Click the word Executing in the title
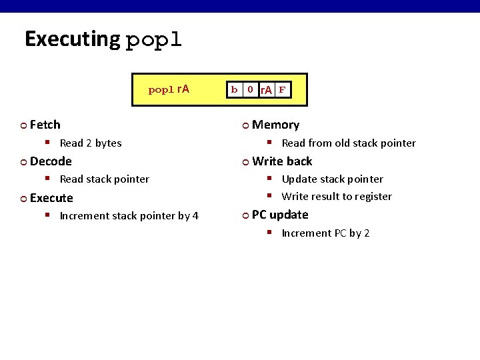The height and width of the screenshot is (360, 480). coord(71,39)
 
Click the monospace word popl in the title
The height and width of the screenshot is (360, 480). coord(153,39)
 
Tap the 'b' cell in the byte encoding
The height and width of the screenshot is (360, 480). coord(234,89)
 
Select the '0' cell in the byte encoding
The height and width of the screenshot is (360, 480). coord(249,89)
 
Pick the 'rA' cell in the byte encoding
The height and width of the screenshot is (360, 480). coord(266,90)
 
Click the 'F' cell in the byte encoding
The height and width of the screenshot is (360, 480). coord(282,89)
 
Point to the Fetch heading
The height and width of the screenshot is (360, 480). coord(45,125)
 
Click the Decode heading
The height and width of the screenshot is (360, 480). coord(51,161)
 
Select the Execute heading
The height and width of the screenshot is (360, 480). coord(51,198)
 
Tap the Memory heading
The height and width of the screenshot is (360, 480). coord(275,125)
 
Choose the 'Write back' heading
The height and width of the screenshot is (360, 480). coord(282,161)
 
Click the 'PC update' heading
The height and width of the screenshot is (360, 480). coord(280,215)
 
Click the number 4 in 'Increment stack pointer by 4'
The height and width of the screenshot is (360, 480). coord(195,215)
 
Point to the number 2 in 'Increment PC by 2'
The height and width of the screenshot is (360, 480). coord(367,233)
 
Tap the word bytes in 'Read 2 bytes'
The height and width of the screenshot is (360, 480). coord(109,143)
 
